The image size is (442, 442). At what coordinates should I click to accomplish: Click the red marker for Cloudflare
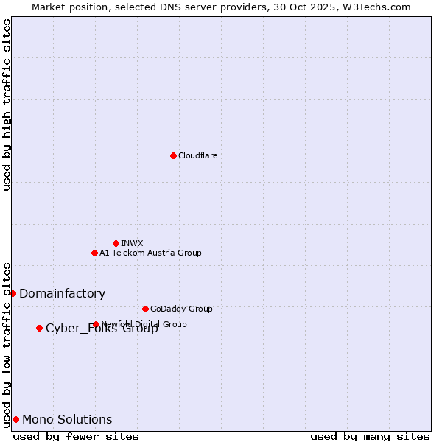[173, 155]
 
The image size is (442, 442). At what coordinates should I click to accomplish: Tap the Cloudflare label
[197, 155]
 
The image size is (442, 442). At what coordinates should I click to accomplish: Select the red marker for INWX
[116, 243]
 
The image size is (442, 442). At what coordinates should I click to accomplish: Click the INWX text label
[132, 243]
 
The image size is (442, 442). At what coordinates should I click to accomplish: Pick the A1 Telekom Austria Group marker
[94, 253]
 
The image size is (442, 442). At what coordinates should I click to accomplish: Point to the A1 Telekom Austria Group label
[150, 253]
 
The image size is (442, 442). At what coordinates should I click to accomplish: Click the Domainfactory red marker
[13, 293]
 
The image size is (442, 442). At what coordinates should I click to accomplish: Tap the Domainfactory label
[62, 293]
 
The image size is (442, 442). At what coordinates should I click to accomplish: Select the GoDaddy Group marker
[145, 309]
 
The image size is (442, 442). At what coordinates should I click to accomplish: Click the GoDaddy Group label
[180, 309]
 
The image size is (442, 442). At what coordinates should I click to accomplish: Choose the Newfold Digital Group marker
[96, 324]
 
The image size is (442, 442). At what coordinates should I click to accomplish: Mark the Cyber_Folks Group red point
[39, 328]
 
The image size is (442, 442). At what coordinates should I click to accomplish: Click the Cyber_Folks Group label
[102, 329]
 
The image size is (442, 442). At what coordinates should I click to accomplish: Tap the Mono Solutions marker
[15, 419]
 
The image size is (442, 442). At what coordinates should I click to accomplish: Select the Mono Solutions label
[67, 419]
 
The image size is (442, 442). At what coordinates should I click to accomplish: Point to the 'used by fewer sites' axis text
[76, 436]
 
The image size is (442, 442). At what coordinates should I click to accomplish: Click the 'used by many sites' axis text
[370, 436]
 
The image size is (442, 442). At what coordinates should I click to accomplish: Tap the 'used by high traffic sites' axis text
[7, 105]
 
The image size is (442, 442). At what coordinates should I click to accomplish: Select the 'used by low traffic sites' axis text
[7, 344]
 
